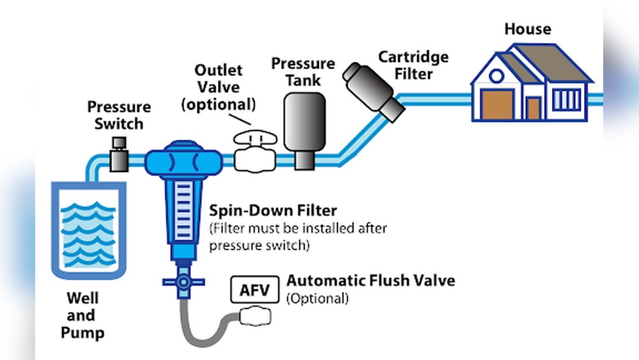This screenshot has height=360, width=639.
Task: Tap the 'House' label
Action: click(x=527, y=29)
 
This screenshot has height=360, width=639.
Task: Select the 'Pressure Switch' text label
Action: click(x=119, y=114)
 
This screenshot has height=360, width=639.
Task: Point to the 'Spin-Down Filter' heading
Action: click(x=273, y=210)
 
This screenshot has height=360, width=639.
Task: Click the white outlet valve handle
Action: click(x=254, y=139)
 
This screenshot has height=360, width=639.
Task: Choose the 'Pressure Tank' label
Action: click(x=303, y=72)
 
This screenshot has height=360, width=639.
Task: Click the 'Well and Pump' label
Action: click(x=82, y=315)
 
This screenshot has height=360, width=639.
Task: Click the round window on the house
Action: click(x=497, y=76)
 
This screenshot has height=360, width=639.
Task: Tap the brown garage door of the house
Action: click(x=497, y=105)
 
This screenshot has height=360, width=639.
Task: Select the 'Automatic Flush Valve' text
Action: click(x=371, y=281)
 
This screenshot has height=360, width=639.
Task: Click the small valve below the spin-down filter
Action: click(x=183, y=281)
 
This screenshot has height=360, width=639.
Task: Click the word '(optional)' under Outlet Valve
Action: click(x=219, y=104)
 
